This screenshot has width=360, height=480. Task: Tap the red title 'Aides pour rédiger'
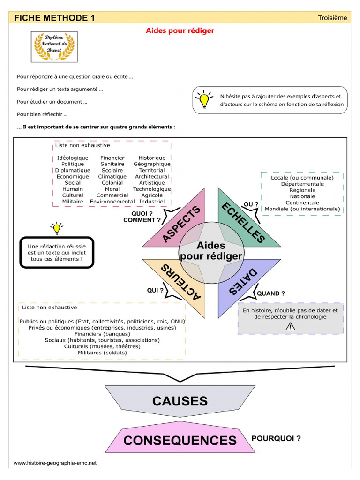point(180,30)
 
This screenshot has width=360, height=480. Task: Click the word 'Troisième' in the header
point(332,18)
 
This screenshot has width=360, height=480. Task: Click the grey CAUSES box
point(180,401)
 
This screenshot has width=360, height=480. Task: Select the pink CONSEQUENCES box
point(180,440)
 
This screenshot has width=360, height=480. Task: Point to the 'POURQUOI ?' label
point(276,439)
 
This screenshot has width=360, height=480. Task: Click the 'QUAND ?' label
point(270,293)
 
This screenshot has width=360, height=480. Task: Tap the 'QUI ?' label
point(155,290)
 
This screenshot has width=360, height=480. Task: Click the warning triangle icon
point(290,327)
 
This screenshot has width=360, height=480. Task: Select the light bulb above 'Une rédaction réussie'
point(57,228)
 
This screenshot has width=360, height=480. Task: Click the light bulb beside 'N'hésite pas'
point(204,99)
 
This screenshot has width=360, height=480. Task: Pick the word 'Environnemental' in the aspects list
point(112,202)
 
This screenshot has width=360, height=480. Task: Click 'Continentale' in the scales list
point(302,202)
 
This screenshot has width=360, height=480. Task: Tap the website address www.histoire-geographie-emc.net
point(55,463)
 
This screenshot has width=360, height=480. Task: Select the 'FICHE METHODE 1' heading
point(54,18)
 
